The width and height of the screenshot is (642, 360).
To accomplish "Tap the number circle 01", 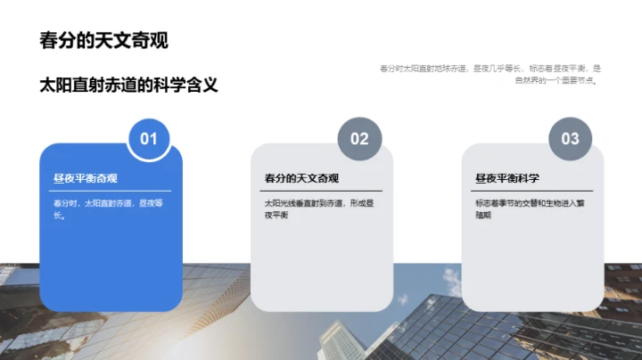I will (x=149, y=138).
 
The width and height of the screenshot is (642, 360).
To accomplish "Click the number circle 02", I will (x=358, y=138).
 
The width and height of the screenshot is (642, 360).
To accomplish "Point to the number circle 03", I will (x=570, y=138).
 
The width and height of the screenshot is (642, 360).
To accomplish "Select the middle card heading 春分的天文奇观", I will (x=301, y=178).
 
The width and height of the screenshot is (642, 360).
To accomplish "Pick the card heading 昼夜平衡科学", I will (x=507, y=178).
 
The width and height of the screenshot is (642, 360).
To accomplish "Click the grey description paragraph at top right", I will (x=490, y=73).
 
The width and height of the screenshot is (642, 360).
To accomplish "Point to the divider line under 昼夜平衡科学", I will (x=532, y=191).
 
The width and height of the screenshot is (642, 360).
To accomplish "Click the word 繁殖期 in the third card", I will (x=489, y=215).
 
